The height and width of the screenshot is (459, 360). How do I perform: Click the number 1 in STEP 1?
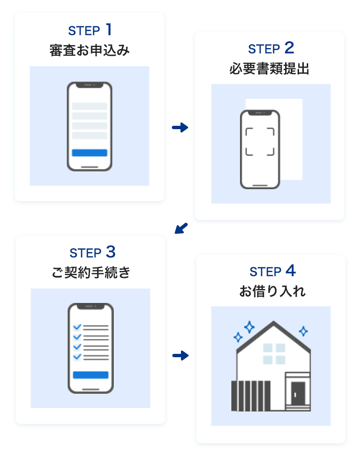pos(109,30)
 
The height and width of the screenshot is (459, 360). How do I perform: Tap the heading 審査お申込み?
pos(90,50)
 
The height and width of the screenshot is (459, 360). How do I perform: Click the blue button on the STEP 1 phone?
pos(89,153)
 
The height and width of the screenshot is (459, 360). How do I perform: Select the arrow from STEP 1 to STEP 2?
pos(180,127)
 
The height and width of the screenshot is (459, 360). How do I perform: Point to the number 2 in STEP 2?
pos(289,48)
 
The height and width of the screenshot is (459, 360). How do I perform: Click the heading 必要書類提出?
pos(269,69)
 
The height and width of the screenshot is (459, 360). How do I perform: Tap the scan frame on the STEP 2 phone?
pos(260,142)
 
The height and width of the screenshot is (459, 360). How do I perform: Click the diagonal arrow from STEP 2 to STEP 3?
pos(181,228)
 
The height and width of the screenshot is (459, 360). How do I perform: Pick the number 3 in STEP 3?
pos(110,252)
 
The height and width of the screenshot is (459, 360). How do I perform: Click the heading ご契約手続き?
pos(91,273)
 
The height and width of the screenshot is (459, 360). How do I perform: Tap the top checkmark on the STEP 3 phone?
pos(77,327)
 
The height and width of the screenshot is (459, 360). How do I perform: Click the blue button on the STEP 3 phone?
pos(91,375)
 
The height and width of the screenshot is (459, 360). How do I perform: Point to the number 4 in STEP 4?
pos(290,271)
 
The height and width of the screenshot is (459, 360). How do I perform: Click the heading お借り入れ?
pos(272,291)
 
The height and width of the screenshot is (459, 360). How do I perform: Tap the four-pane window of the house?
pos(274,353)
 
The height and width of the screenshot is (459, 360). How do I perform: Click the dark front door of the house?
pos(298,394)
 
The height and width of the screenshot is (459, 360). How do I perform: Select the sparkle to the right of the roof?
pos(303,331)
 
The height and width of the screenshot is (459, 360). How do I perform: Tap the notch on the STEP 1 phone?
pos(89,85)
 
